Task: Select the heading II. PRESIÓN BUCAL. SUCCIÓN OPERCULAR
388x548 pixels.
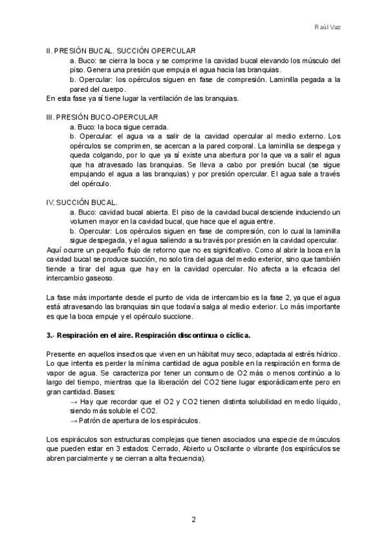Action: pyautogui.click(x=121, y=50)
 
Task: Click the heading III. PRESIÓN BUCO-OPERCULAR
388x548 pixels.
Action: pyautogui.click(x=102, y=117)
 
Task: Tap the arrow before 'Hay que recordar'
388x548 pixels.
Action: pyautogui.click(x=72, y=402)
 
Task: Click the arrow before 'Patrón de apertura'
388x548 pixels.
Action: pyautogui.click(x=72, y=421)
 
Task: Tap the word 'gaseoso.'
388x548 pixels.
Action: pyautogui.click(x=97, y=279)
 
